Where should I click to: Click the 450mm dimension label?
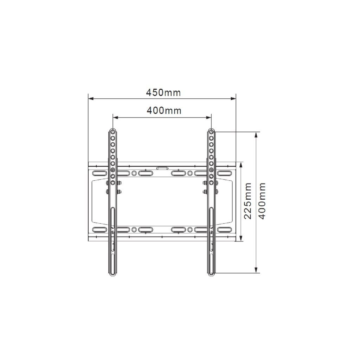pyautogui.click(x=163, y=92)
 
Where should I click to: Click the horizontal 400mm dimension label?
pyautogui.click(x=164, y=110)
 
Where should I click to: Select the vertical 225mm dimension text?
pyautogui.click(x=248, y=201)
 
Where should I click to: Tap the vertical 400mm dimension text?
pyautogui.click(x=262, y=201)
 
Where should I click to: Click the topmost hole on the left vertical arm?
pyautogui.click(x=113, y=132)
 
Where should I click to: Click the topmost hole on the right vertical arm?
pyautogui.click(x=211, y=132)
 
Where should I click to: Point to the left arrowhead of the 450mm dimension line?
pyautogui.click(x=91, y=99)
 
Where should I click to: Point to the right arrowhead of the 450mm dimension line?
pyautogui.click(x=233, y=99)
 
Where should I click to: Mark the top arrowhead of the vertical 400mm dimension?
pyautogui.click(x=256, y=135)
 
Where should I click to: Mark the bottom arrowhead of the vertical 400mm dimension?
pyautogui.click(x=256, y=270)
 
